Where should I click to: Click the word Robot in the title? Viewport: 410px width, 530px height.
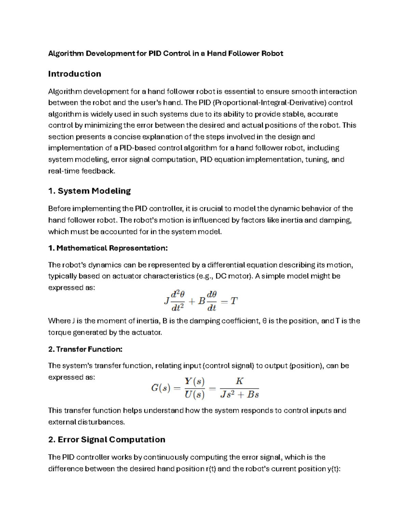(272, 54)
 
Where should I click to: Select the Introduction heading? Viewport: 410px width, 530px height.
(74, 74)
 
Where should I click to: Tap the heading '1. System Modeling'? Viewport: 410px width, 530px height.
(90, 191)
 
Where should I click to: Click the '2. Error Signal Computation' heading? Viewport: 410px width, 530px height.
(107, 440)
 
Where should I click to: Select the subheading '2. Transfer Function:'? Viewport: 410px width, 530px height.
(85, 349)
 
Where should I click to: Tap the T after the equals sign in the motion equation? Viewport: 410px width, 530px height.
(234, 301)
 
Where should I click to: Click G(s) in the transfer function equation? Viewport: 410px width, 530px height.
(161, 388)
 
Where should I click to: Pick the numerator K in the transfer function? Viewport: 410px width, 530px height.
(239, 381)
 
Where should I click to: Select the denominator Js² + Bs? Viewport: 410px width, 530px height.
(239, 395)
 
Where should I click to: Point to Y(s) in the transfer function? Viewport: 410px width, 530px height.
(194, 381)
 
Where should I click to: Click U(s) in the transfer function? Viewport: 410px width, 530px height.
(194, 395)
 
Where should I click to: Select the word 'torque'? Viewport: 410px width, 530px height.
(59, 333)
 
